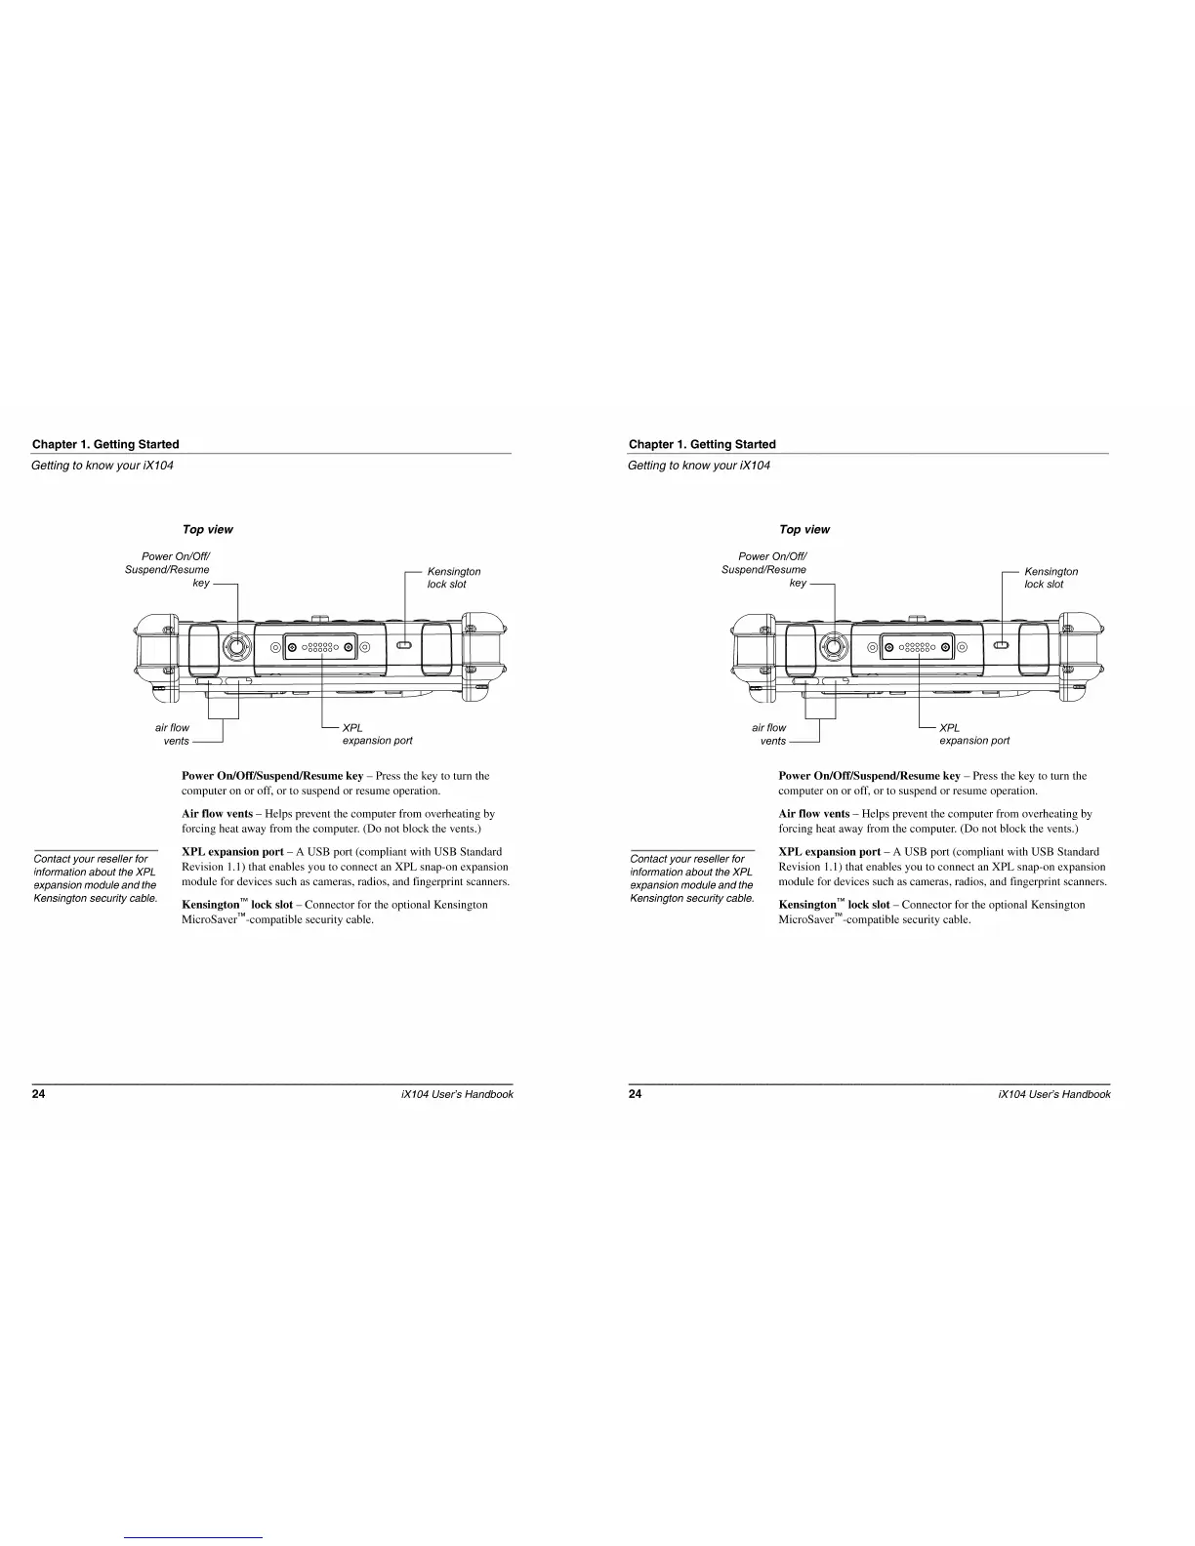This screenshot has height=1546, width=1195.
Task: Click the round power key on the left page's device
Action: click(235, 645)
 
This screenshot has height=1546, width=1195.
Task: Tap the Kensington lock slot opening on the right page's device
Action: click(1001, 644)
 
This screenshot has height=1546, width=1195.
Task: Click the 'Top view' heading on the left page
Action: click(208, 529)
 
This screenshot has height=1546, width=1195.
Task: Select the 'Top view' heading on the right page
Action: click(804, 529)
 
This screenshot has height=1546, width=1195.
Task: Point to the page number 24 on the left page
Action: click(38, 1094)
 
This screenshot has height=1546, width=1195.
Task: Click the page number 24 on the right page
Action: click(635, 1094)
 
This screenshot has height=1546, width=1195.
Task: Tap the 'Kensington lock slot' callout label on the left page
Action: click(453, 578)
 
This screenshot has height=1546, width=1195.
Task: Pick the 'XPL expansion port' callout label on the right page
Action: click(973, 734)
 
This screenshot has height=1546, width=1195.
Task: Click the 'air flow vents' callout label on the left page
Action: click(173, 734)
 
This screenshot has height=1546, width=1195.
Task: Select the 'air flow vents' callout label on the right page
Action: click(769, 734)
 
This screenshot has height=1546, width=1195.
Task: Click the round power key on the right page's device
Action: click(832, 645)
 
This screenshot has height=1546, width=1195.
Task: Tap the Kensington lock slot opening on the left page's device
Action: click(404, 644)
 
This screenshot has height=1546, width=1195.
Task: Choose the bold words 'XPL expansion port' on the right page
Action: click(829, 851)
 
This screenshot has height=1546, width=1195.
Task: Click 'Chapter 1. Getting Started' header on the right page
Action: click(702, 444)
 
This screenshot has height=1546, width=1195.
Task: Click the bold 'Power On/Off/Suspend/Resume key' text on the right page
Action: click(869, 776)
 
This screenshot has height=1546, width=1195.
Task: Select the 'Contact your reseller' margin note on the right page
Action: click(691, 878)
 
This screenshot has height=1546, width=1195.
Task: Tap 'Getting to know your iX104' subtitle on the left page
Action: click(103, 465)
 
